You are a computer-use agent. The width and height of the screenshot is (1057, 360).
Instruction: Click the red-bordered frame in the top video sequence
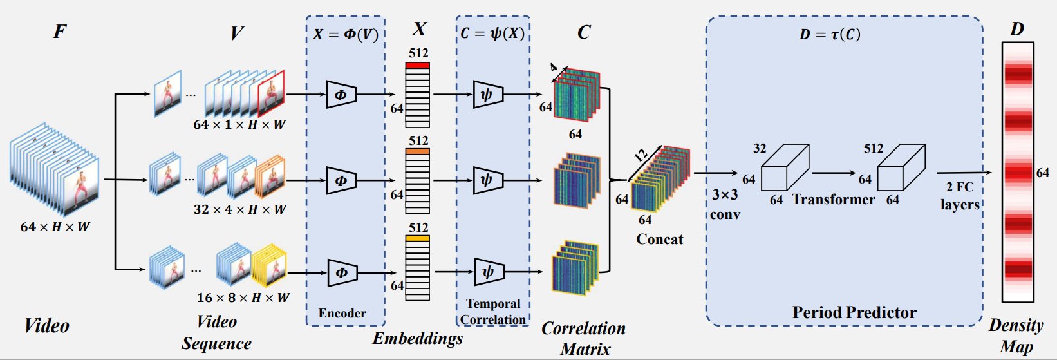click(271, 93)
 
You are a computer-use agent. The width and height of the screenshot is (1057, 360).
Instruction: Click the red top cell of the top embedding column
click(417, 65)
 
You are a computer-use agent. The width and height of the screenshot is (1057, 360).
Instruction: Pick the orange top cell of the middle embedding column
click(417, 152)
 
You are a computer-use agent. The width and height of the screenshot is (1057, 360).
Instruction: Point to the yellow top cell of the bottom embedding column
click(417, 239)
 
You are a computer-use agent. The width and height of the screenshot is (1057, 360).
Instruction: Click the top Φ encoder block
click(341, 95)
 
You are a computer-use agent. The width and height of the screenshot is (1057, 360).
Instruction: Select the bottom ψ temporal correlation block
click(488, 272)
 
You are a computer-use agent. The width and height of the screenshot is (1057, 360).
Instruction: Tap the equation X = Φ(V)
click(346, 34)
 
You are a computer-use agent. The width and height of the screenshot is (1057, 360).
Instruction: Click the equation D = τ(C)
click(830, 34)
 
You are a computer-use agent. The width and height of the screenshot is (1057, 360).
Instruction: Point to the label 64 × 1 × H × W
click(239, 124)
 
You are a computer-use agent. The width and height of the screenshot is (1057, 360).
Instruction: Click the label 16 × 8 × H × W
click(243, 298)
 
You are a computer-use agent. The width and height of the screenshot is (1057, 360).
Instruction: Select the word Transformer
click(834, 200)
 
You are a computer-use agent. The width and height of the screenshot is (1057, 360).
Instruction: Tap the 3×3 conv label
click(725, 204)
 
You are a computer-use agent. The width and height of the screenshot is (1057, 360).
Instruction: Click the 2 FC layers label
click(960, 196)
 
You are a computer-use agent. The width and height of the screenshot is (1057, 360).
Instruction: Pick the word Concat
click(659, 239)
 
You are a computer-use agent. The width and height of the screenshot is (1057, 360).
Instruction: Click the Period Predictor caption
click(854, 312)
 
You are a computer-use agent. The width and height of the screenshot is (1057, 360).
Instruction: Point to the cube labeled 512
click(901, 169)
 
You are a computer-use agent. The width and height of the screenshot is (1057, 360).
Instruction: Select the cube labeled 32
click(784, 169)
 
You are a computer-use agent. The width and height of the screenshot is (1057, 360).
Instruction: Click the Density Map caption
click(1016, 336)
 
